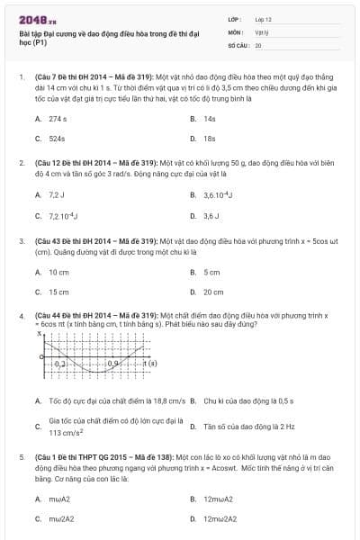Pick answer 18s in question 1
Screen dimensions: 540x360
tap(210, 139)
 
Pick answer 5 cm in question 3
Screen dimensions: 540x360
tap(211, 272)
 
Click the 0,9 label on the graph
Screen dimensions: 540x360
tap(113, 364)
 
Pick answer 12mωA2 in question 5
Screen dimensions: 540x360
tap(218, 498)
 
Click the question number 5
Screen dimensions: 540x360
tap(21, 457)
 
